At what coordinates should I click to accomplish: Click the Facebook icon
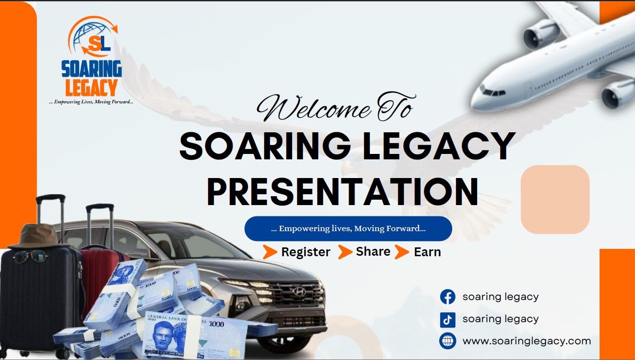click(x=448, y=297)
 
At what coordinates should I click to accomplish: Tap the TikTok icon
click(x=448, y=320)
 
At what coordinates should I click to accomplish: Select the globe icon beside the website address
click(x=448, y=341)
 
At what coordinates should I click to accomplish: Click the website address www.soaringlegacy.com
click(x=527, y=341)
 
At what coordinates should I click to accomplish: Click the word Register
click(x=305, y=252)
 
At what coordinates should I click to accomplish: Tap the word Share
click(x=373, y=251)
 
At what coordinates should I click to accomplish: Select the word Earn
click(x=427, y=252)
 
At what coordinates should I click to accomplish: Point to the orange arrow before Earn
click(x=402, y=252)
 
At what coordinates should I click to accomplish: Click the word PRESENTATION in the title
click(x=343, y=192)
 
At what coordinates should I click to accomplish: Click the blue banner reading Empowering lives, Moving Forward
click(x=348, y=229)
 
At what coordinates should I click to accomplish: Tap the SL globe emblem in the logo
click(x=93, y=36)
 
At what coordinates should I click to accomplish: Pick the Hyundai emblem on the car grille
click(x=299, y=291)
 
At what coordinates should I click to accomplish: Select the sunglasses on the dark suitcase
click(x=30, y=257)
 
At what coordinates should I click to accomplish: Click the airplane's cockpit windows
click(x=493, y=92)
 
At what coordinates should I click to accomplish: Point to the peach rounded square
click(x=555, y=200)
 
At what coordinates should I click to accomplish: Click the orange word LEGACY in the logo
click(x=91, y=88)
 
